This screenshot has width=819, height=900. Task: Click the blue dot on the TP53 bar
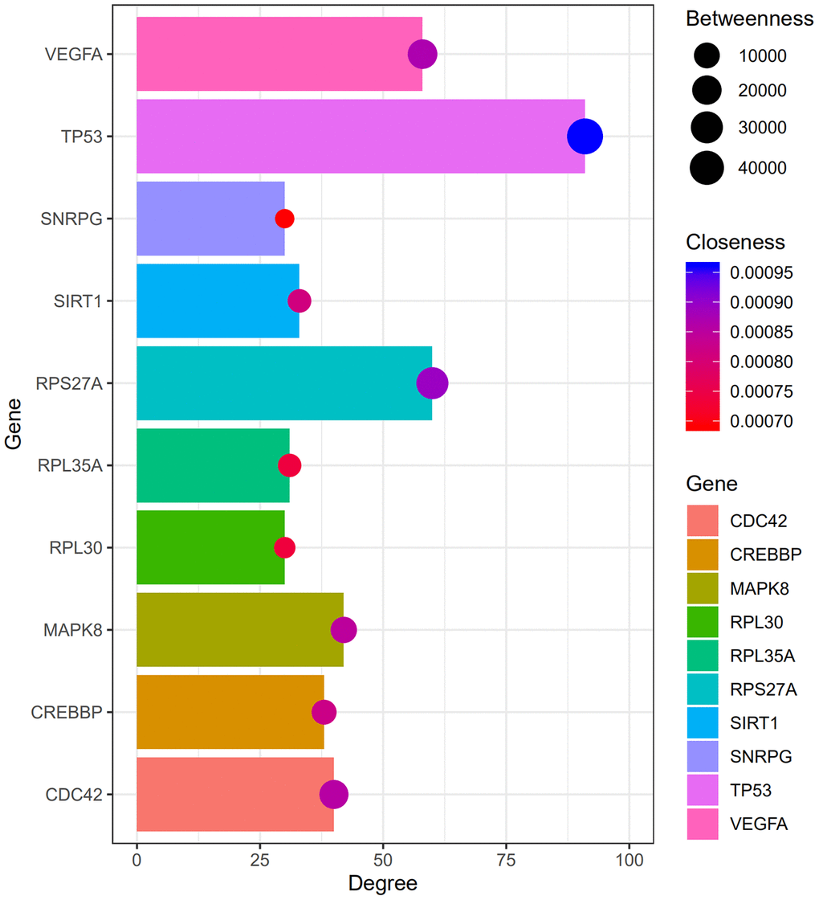pyautogui.click(x=585, y=136)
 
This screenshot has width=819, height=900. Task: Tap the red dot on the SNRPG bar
pyautogui.click(x=284, y=219)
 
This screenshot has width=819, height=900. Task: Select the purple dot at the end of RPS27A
pyautogui.click(x=432, y=383)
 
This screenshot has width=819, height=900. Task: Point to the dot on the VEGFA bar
pyautogui.click(x=422, y=55)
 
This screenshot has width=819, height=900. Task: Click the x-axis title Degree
pyautogui.click(x=382, y=884)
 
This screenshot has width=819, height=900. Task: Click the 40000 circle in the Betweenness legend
pyautogui.click(x=706, y=168)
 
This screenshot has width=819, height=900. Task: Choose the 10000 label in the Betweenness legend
pyautogui.click(x=762, y=56)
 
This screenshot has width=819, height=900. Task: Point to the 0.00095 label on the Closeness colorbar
pyautogui.click(x=761, y=273)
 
